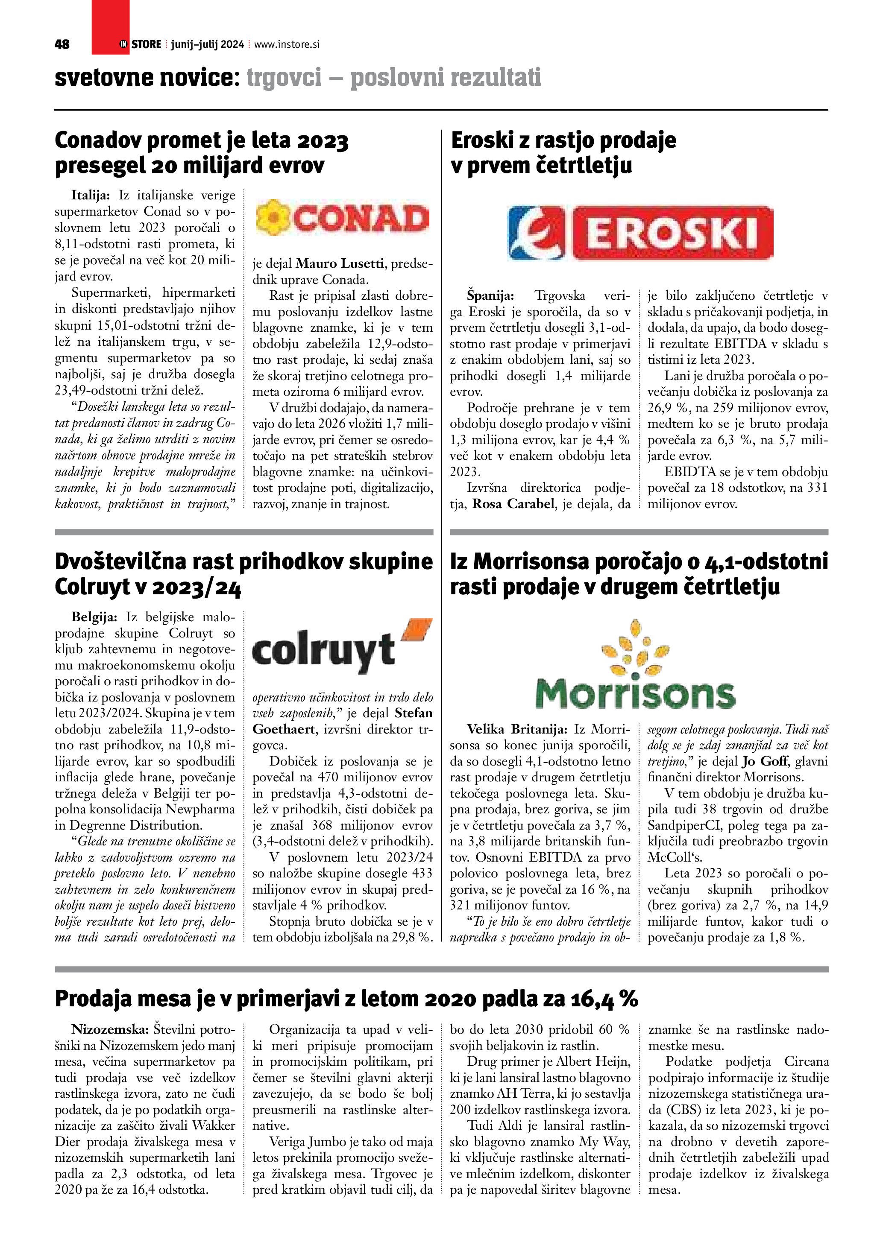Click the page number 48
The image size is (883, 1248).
(62, 44)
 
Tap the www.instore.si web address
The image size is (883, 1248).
(287, 44)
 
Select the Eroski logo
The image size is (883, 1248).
(640, 233)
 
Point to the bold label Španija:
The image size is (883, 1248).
(490, 296)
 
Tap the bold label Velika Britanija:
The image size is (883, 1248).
(517, 729)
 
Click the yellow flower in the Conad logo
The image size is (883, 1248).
(271, 217)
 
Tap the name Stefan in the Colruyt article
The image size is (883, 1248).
(413, 713)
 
